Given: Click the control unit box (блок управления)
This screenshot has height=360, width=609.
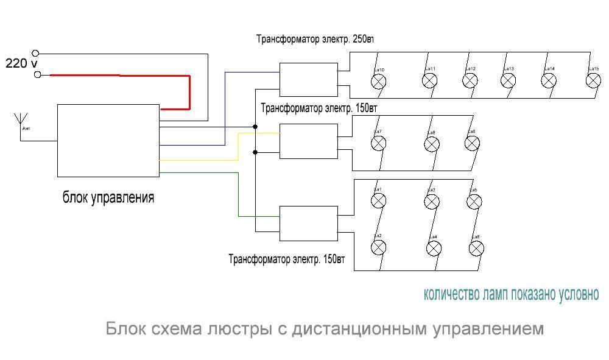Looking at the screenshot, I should [x=108, y=140].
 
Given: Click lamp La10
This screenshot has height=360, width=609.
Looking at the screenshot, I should [x=379, y=81].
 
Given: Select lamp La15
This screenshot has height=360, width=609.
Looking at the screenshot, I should [x=593, y=80].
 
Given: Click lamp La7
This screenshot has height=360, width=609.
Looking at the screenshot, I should [x=379, y=143].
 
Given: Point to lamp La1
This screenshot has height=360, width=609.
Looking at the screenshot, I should [x=379, y=200].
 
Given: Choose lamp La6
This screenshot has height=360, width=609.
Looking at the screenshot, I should [x=476, y=248].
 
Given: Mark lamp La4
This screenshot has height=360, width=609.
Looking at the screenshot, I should [x=434, y=248].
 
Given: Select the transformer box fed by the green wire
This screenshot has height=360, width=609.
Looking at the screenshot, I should [x=308, y=224].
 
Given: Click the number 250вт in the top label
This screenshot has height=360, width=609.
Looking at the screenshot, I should [x=362, y=40].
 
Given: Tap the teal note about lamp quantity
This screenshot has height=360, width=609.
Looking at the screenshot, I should [x=511, y=295].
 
